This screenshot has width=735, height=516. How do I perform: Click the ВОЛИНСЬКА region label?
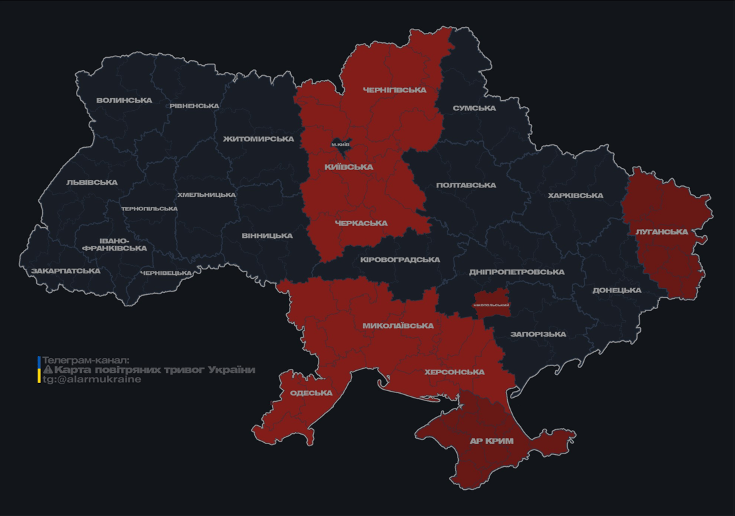[x=124, y=101]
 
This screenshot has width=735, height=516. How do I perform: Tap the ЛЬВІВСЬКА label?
[x=92, y=182]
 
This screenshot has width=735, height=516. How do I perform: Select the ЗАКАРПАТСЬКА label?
[x=66, y=271]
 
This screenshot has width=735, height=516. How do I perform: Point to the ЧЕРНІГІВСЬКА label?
[x=394, y=90]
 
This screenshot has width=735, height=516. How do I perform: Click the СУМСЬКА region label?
[x=474, y=108]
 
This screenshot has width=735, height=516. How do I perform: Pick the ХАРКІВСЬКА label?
[x=575, y=196]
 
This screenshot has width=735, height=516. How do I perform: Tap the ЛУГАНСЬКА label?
[x=662, y=232]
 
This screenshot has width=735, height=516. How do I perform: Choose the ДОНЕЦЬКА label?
[x=617, y=290]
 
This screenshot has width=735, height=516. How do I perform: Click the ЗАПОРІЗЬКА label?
[x=538, y=334]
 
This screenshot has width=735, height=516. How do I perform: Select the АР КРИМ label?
[x=492, y=441]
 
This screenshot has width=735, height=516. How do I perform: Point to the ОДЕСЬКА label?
[x=311, y=393]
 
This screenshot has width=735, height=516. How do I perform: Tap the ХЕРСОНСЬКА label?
[x=454, y=372]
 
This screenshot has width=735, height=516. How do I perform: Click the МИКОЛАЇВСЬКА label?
[x=398, y=326]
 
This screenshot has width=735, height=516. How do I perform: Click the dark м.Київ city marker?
[x=341, y=144]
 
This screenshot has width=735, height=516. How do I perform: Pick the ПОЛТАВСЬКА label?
[x=466, y=185]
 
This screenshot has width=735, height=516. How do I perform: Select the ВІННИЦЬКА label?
[x=267, y=236]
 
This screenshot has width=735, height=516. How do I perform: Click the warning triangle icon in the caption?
[x=48, y=370]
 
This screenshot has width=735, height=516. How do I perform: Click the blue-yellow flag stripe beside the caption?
[x=39, y=370]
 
